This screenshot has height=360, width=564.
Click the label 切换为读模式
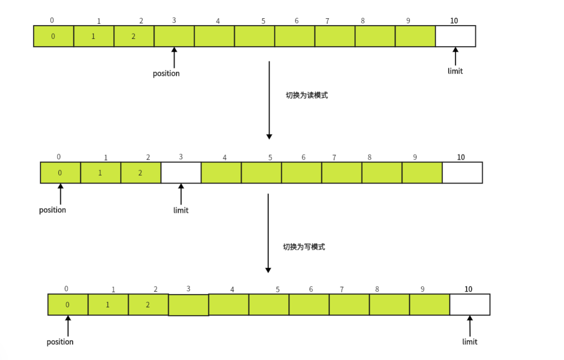point(307,96)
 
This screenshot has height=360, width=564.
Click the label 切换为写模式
point(304,247)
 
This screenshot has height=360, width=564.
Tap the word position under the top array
point(166,73)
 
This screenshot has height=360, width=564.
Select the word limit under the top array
point(455,71)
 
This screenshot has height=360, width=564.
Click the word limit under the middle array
point(181,210)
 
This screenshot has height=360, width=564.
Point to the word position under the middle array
point(52,210)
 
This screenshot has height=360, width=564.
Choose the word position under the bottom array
point(60,342)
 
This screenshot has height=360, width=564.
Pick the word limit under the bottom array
point(469,342)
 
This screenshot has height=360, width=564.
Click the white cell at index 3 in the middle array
point(181,173)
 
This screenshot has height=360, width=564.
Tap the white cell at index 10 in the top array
point(455,36)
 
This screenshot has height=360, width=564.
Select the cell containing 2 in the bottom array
point(148,305)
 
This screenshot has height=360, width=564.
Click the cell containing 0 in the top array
point(53,36)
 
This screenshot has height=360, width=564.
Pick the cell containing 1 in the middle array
point(101,173)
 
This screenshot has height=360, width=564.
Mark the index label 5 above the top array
point(263,21)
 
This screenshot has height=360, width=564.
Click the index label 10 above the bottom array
point(468,289)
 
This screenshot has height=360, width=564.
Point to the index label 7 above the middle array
point(334,157)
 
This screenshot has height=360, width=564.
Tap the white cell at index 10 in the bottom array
point(469,305)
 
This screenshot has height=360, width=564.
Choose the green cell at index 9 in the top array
point(415,36)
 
